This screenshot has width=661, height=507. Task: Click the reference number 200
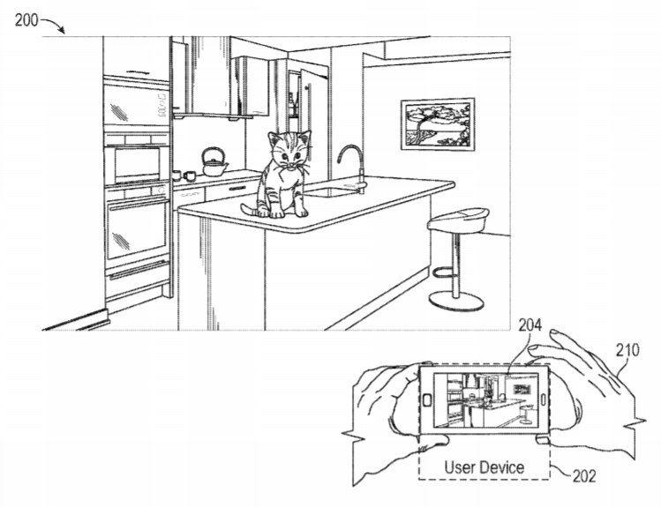point(26,20)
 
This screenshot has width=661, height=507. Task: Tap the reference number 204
point(530,325)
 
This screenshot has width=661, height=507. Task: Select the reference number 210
point(627,350)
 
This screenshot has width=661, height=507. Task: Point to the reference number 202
point(584,476)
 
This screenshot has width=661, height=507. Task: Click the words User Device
point(484,467)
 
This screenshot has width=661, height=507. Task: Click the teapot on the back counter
point(214,161)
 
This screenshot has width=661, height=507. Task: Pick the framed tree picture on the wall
point(438,123)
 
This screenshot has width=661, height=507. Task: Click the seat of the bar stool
point(458,220)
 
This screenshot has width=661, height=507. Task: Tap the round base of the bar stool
point(456,301)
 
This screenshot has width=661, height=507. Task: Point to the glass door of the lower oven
point(137,231)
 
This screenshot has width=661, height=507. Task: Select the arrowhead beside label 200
point(62,31)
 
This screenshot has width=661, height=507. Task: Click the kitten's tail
point(250,209)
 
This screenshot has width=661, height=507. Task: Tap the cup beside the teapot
point(189,175)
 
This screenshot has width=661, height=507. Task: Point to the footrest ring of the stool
point(445,272)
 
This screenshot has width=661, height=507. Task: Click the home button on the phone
point(427,400)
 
